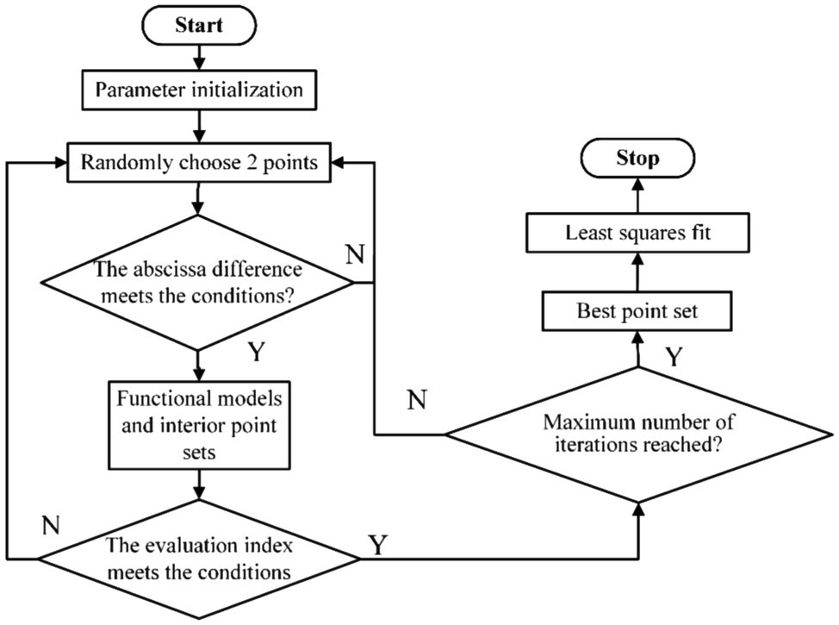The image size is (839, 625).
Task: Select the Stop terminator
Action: pos(638,158)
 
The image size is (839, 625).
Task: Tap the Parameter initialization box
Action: pos(199,89)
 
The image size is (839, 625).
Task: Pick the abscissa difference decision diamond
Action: pos(199,282)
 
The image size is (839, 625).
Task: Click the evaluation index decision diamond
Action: pos(199,558)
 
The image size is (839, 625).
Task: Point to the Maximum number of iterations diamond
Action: pos(638,434)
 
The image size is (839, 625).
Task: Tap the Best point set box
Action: pos(638,312)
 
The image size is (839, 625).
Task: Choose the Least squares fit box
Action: pos(638,232)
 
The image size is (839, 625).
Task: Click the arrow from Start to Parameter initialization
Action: pos(199,57)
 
